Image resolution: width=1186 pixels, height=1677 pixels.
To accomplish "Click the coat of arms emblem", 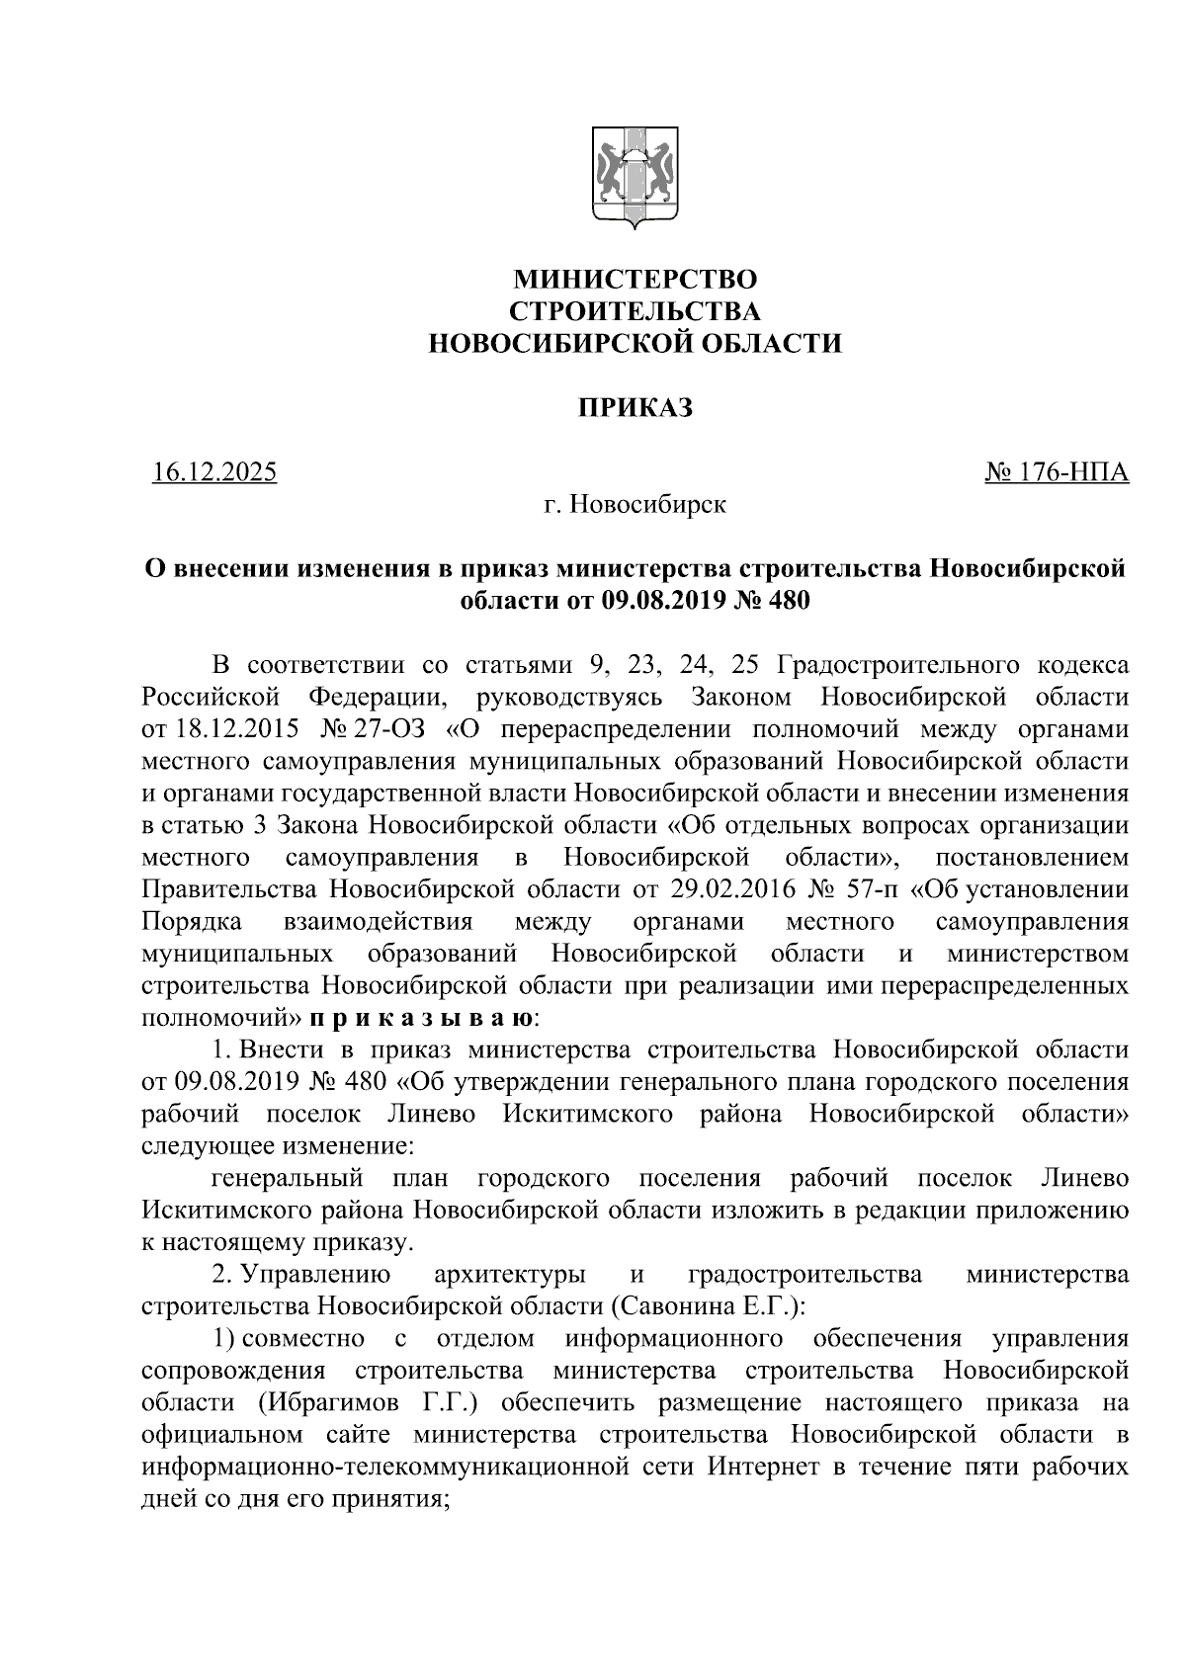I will coord(634,177).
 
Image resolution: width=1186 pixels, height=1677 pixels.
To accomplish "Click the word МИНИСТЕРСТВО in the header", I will coord(634,280).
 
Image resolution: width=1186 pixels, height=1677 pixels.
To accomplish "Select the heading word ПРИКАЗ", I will coord(635,407).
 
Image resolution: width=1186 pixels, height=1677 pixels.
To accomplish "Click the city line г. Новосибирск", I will coord(635,505).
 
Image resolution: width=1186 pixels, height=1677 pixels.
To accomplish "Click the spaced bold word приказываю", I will coord(422,1018).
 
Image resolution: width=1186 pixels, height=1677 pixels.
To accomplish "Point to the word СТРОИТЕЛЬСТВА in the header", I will coord(634,311).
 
